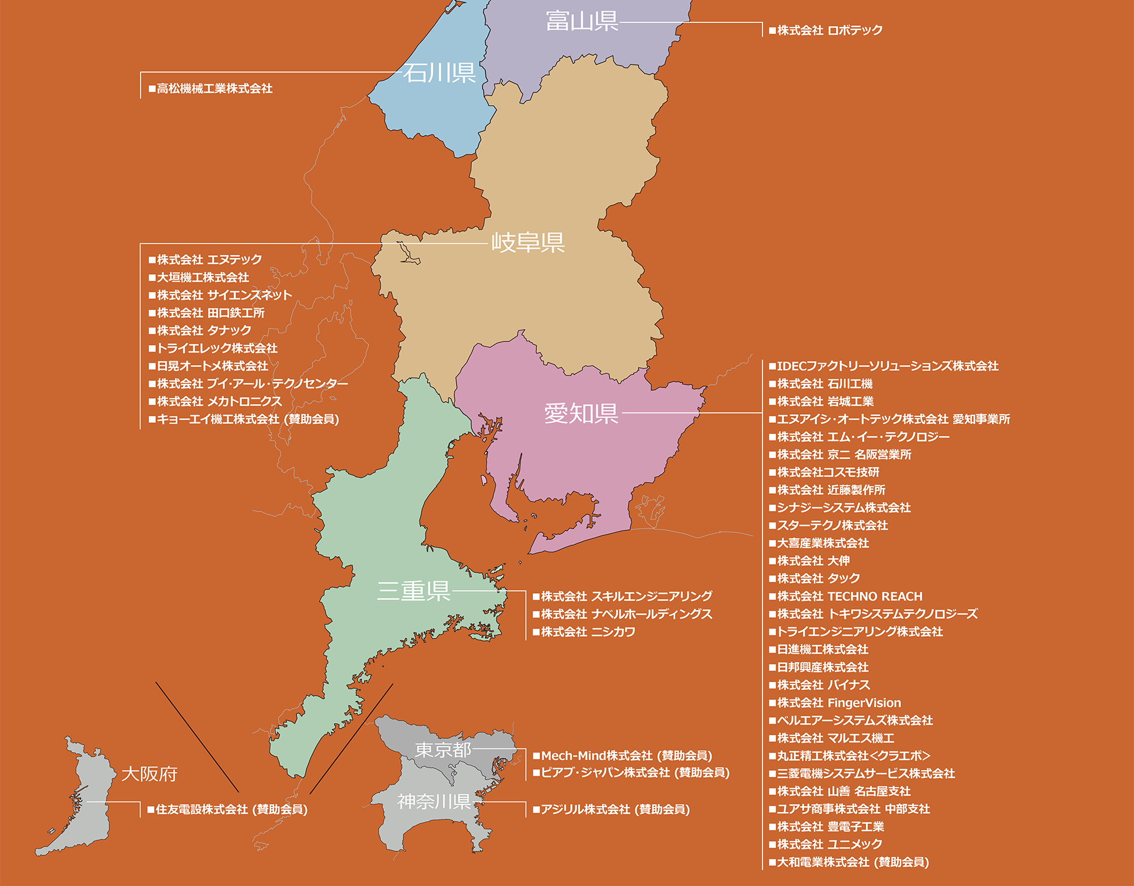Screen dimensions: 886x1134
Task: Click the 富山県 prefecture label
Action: pos(582,21)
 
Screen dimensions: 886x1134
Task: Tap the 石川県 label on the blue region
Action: pos(439,73)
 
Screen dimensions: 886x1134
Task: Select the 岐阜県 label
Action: pos(528,242)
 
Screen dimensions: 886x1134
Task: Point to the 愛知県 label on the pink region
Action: pos(581,413)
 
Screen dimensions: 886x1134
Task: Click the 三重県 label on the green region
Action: pos(414,591)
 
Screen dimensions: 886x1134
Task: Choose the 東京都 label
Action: pos(443,750)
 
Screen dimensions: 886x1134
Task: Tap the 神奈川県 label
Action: pos(434,802)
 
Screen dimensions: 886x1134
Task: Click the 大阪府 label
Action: pos(149,774)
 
